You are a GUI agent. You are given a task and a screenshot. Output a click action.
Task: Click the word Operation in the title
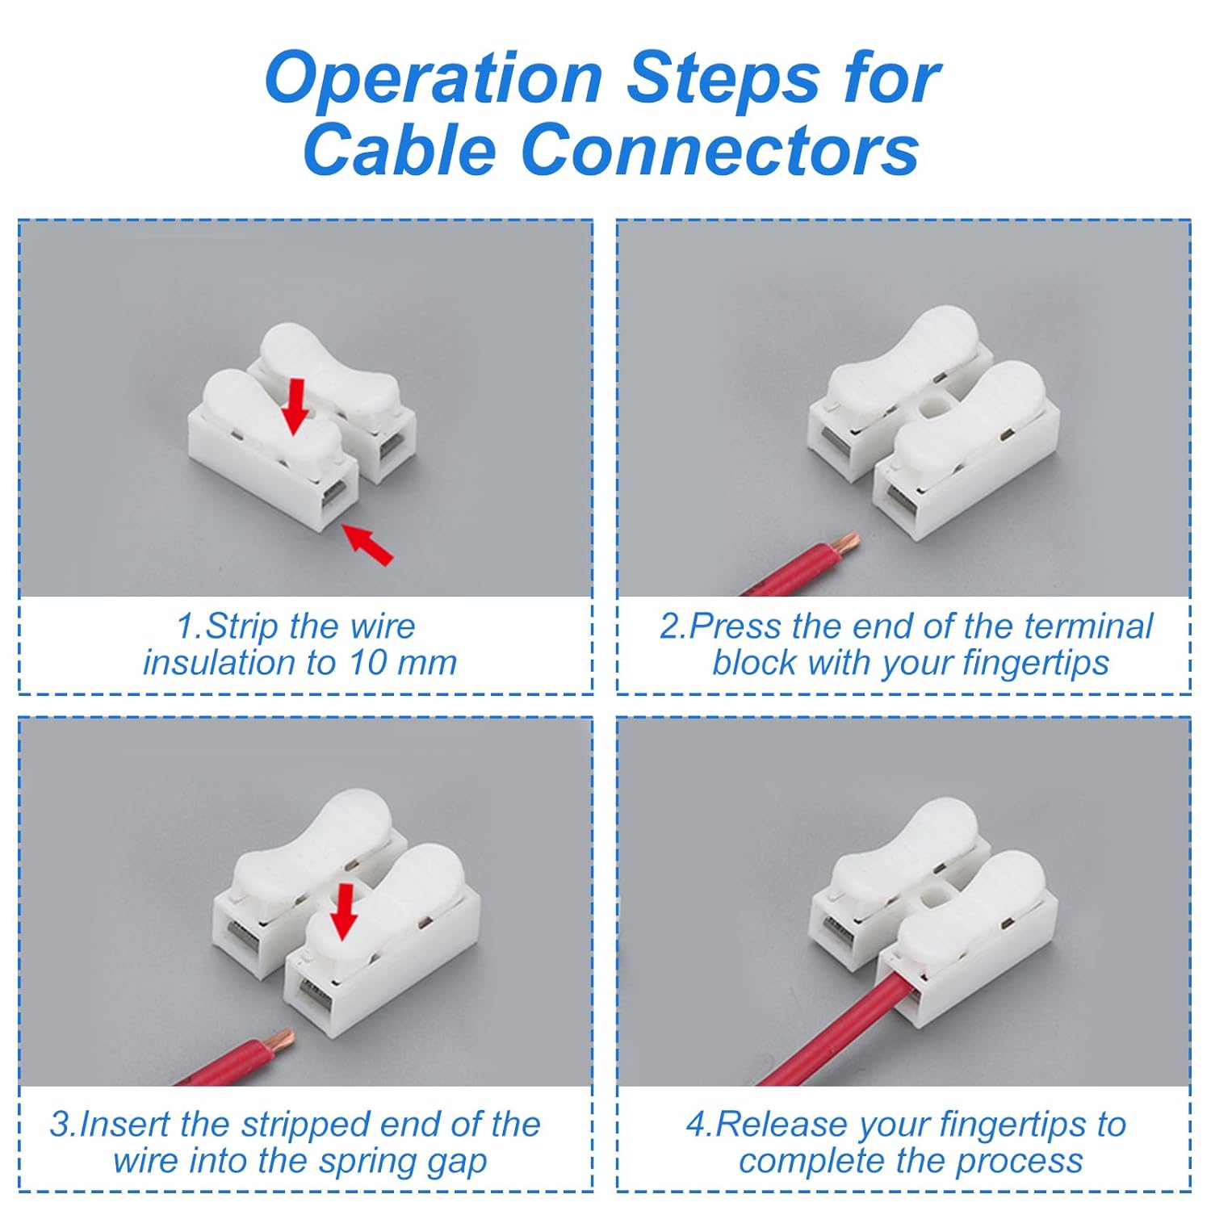(434, 79)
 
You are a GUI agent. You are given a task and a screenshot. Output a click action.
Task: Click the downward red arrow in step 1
(295, 406)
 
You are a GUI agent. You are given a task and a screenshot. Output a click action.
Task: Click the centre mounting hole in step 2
(935, 406)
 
